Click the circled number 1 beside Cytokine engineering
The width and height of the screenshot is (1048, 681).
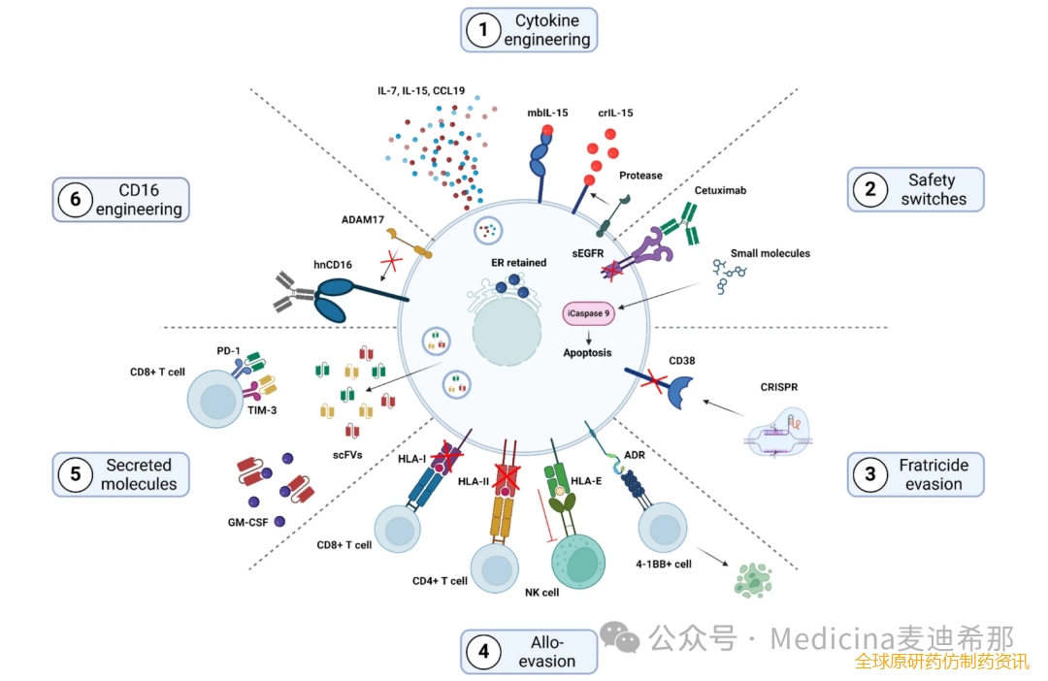coord(482,30)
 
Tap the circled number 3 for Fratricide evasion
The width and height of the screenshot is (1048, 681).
coord(870,474)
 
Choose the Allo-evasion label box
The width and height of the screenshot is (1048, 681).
coord(529,652)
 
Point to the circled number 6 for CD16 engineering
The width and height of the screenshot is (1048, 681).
coord(75,199)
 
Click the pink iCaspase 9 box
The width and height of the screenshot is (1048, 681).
coord(588,313)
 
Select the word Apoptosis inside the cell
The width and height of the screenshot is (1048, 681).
coord(588,353)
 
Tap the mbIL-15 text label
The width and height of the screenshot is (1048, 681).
coord(548,112)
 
